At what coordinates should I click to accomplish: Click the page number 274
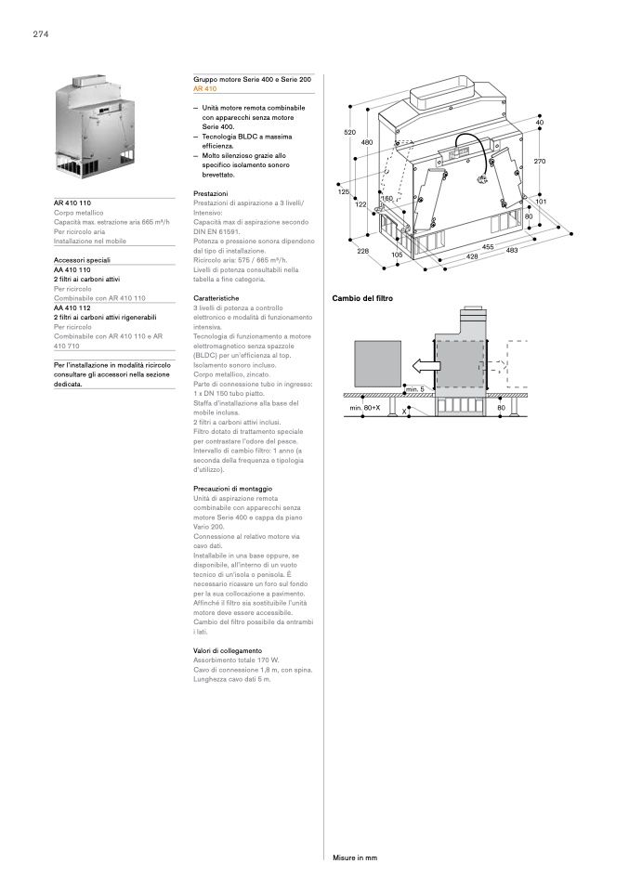pos(40,34)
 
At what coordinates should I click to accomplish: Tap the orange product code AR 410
pos(204,88)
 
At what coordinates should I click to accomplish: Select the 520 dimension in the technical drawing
pos(350,133)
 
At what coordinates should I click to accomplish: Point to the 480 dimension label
pos(366,142)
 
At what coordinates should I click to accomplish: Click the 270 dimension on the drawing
pos(540,162)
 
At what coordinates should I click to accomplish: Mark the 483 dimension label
pos(512,251)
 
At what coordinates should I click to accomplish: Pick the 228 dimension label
pos(363,252)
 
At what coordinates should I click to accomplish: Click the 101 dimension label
pos(541,202)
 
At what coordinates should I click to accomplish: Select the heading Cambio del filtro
pos(362,298)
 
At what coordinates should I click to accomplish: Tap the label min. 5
pos(415,388)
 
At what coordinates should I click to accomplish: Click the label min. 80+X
pos(365,408)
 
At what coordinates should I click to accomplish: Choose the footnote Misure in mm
pos(355,857)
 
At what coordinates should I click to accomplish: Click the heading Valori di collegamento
pos(228,650)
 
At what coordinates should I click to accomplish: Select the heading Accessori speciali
pos(83,262)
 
